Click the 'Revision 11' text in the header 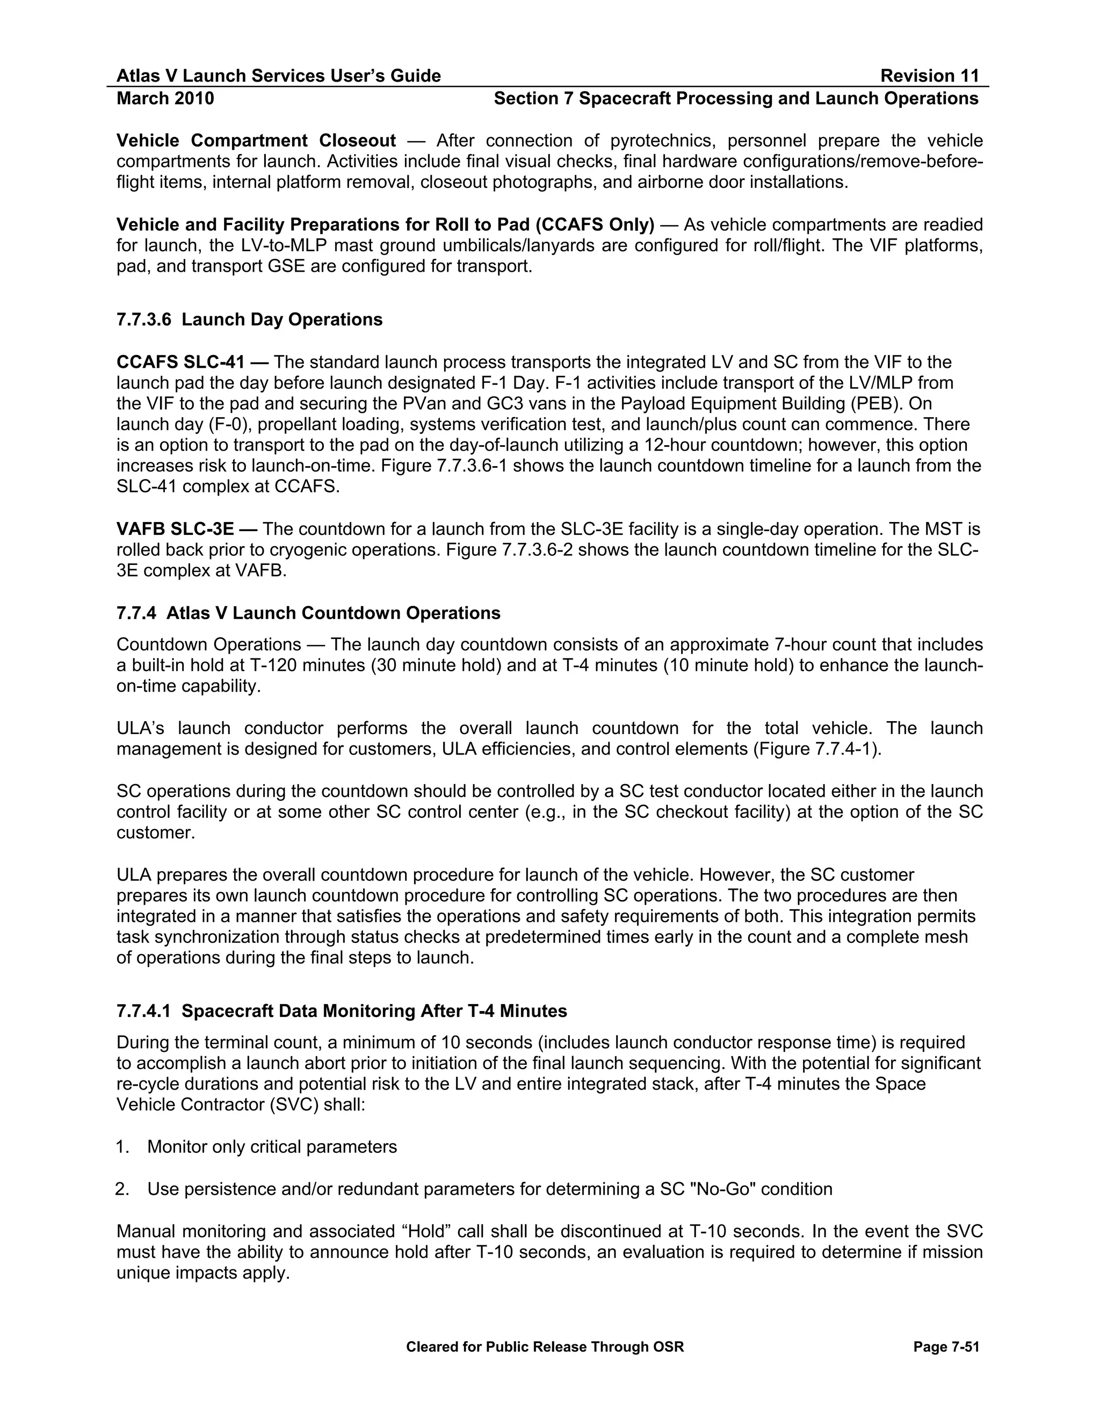[929, 76]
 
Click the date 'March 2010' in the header [165, 98]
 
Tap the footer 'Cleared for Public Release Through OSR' [545, 1347]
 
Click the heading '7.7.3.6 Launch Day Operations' [250, 320]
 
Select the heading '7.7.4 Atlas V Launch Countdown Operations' [308, 613]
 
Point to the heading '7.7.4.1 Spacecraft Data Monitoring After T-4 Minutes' [342, 1011]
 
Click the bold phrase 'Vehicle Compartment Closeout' [256, 141]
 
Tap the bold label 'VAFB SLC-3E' [175, 529]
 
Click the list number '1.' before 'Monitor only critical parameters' [123, 1147]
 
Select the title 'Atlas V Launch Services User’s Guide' [278, 76]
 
